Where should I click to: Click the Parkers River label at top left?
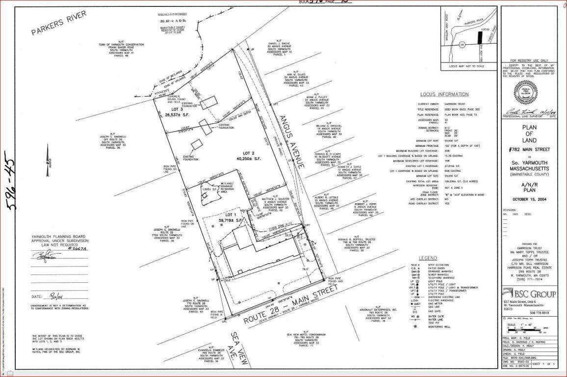[59, 23]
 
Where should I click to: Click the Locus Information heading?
[444, 94]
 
